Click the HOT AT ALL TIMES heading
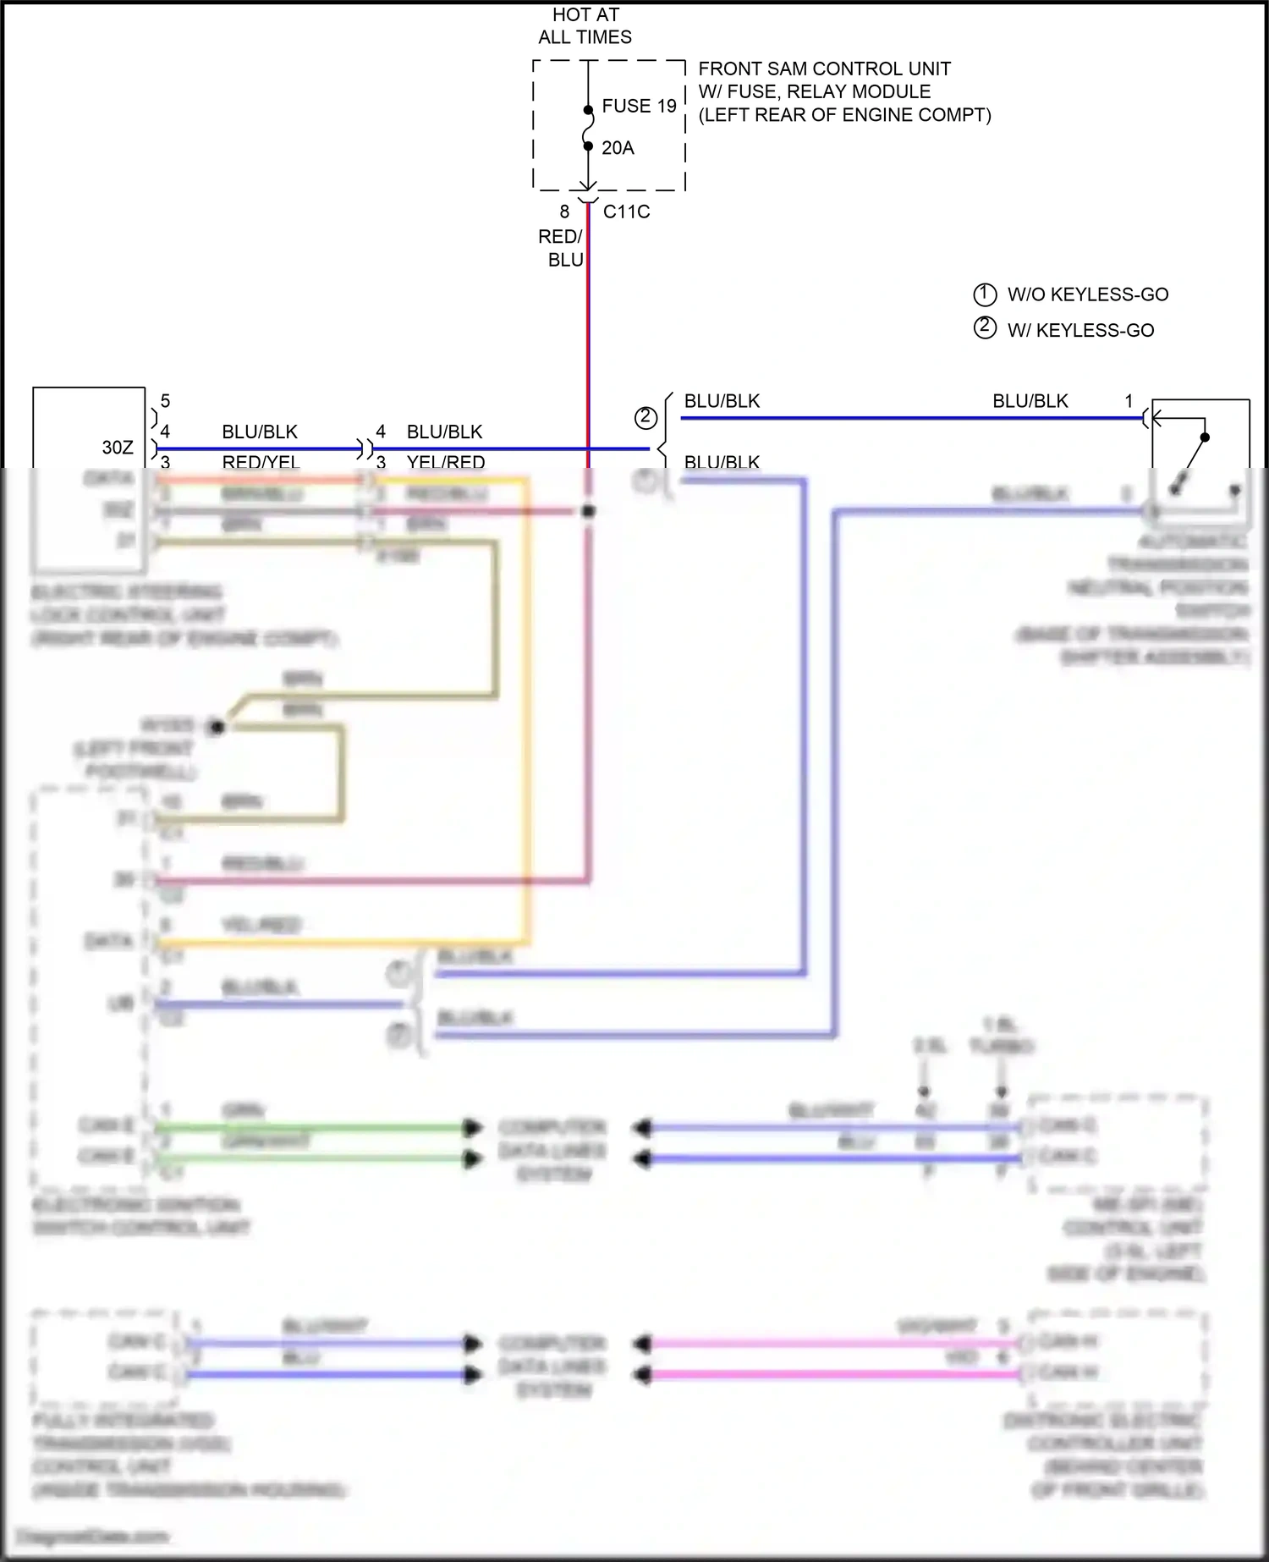[x=585, y=25]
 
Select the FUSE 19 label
[x=639, y=106]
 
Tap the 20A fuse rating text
[x=618, y=148]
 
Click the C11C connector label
[x=626, y=212]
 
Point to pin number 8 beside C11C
[x=564, y=212]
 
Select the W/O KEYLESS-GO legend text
[x=1087, y=294]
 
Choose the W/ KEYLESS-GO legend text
[x=1080, y=330]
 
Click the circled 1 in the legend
[x=985, y=294]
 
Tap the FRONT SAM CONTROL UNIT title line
[x=824, y=69]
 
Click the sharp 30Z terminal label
[x=118, y=447]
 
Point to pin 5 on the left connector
[x=165, y=400]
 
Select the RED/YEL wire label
[x=261, y=462]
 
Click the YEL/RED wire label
[x=445, y=462]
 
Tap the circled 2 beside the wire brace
[x=645, y=417]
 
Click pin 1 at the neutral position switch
[x=1128, y=400]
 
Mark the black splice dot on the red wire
[x=589, y=511]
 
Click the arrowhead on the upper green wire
[x=471, y=1128]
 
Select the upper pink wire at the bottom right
[x=829, y=1343]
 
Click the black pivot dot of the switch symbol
[x=1205, y=437]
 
